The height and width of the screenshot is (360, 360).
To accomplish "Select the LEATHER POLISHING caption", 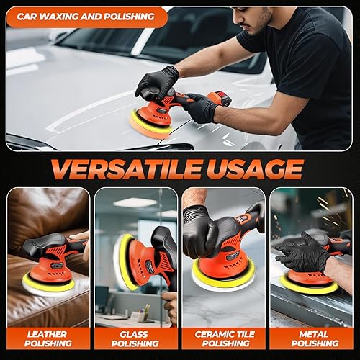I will point(48,338).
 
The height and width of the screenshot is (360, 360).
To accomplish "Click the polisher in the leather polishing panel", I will point(53,259).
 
